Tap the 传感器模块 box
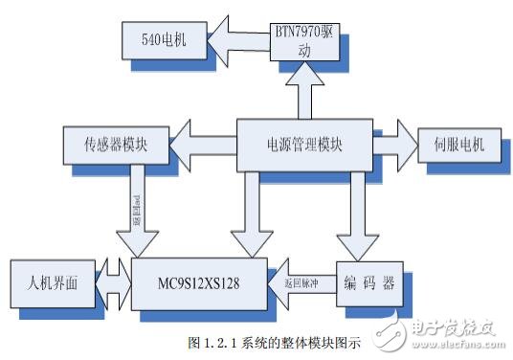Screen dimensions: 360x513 pyautogui.click(x=113, y=146)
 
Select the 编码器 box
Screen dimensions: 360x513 pyautogui.click(x=369, y=284)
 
